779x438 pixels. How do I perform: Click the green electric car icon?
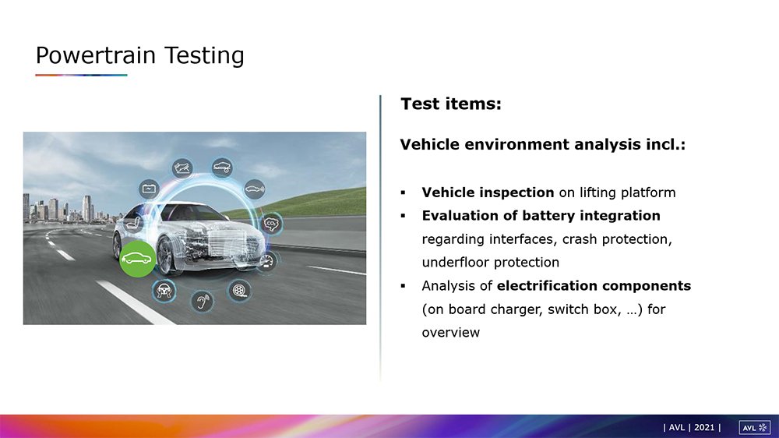tap(138, 259)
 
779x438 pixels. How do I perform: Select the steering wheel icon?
tap(164, 291)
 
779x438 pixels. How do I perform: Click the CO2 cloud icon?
tap(271, 224)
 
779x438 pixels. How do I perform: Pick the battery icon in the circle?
tap(149, 189)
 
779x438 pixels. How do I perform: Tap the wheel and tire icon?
tap(239, 290)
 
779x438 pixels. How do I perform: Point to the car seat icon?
tap(132, 223)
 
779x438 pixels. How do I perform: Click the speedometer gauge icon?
tap(267, 261)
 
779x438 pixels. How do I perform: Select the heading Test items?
tap(451, 104)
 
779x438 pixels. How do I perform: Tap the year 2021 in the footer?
tap(704, 428)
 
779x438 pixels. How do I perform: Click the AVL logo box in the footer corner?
tap(755, 428)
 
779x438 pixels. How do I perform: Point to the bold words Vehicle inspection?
tap(488, 193)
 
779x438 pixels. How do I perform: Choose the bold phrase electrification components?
tap(594, 286)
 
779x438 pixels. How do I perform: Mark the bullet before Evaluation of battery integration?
tap(403, 216)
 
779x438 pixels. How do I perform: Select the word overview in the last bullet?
tap(450, 333)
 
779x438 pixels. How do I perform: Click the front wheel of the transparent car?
tap(165, 256)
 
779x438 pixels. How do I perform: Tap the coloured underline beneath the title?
tap(82, 75)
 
